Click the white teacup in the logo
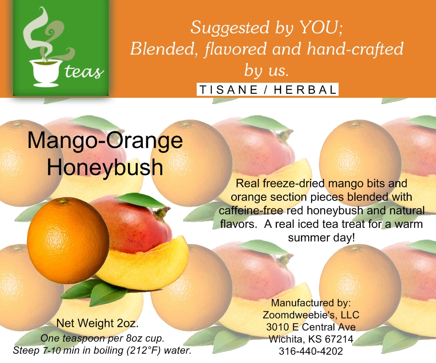[46, 72]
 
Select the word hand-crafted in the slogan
[355, 49]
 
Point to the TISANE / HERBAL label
[267, 90]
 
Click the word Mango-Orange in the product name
[105, 141]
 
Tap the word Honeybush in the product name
[105, 167]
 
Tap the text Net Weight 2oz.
[97, 323]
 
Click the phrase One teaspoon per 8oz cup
[102, 338]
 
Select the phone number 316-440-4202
[311, 351]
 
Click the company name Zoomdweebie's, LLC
[311, 315]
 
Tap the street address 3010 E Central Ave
[311, 327]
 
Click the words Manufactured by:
[311, 302]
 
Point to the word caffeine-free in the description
[251, 211]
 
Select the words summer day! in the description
[322, 238]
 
